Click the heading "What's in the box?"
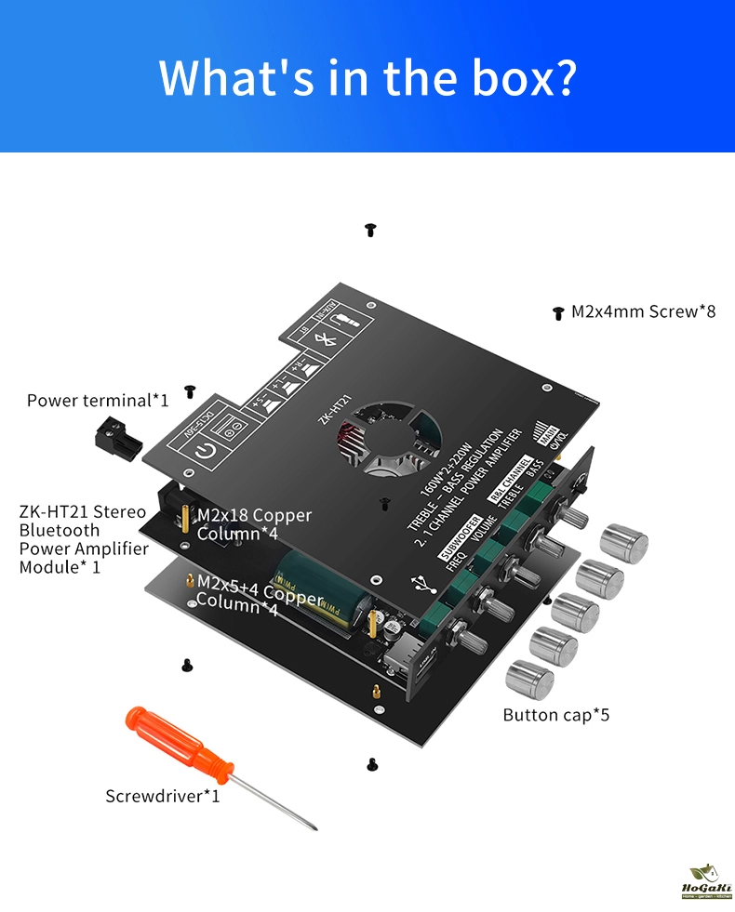coord(367,78)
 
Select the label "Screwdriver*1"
coord(163,796)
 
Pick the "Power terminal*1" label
coord(98,401)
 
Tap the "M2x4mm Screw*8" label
coord(643,311)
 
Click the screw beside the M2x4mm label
coord(557,313)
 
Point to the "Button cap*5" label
coord(556,715)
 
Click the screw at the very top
coord(369,229)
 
